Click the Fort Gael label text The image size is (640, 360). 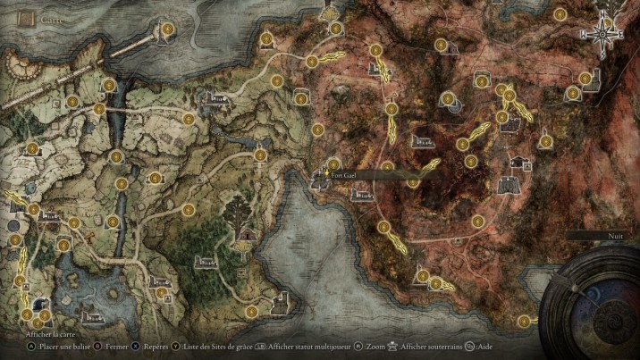[343, 176]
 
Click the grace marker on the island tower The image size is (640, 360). [166, 29]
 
